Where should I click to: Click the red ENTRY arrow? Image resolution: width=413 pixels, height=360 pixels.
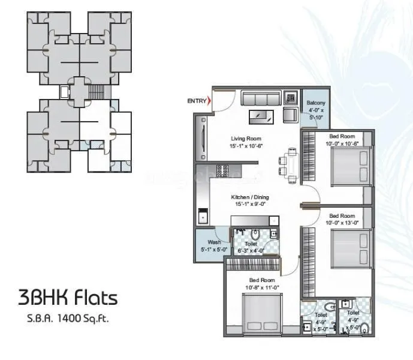[x=209, y=101]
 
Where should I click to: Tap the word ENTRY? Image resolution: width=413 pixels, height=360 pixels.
[x=196, y=101]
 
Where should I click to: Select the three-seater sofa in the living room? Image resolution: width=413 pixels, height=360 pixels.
[x=260, y=98]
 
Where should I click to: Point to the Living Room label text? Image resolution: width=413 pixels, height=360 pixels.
[x=246, y=139]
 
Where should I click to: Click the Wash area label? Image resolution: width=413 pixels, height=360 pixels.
[x=206, y=243]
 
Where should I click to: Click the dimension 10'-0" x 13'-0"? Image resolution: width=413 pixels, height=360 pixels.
[x=342, y=223]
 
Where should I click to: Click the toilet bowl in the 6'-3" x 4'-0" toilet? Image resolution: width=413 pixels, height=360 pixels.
[x=255, y=234]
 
